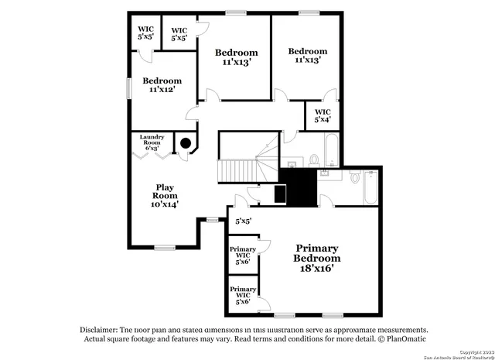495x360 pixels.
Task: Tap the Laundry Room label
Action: pyautogui.click(x=152, y=142)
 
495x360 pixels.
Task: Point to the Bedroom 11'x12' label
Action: pyautogui.click(x=162, y=85)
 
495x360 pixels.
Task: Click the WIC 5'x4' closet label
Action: pyautogui.click(x=323, y=115)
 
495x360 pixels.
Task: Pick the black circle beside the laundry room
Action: pyautogui.click(x=186, y=142)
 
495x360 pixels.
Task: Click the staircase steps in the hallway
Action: pyautogui.click(x=237, y=169)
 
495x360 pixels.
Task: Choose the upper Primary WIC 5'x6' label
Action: pyautogui.click(x=242, y=255)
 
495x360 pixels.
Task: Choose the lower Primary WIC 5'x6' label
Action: pyautogui.click(x=242, y=295)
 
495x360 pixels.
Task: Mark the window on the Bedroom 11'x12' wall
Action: pyautogui.click(x=129, y=87)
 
